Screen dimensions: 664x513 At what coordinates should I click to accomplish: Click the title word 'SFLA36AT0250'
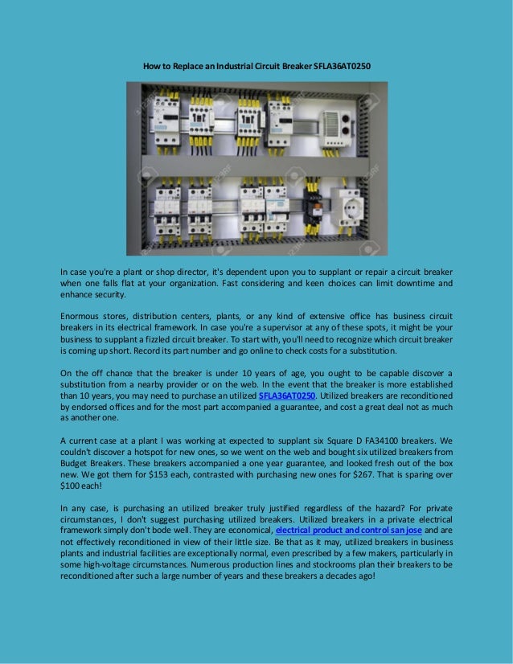[x=344, y=64]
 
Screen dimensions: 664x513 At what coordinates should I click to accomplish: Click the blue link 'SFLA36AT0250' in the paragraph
[x=287, y=396]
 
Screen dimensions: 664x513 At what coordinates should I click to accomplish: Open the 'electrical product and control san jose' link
[x=348, y=531]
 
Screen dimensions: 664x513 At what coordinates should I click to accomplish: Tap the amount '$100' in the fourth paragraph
[x=74, y=486]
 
